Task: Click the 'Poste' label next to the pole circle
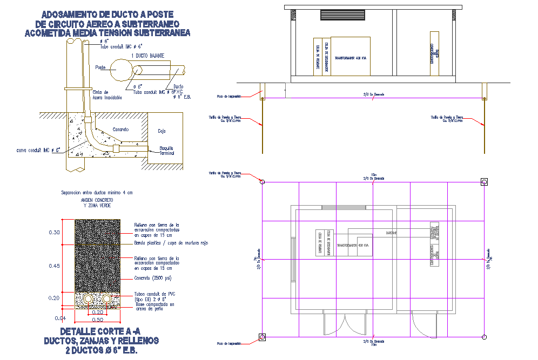(100, 67)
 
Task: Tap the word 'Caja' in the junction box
(162, 131)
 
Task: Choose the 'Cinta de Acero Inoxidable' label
(107, 95)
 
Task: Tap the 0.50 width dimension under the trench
(97, 320)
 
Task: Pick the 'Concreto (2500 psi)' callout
(153, 279)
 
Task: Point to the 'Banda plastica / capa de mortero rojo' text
(171, 243)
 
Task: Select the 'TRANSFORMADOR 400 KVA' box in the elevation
(351, 56)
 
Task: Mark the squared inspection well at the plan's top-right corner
(484, 182)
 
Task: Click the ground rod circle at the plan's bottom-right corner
(485, 337)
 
